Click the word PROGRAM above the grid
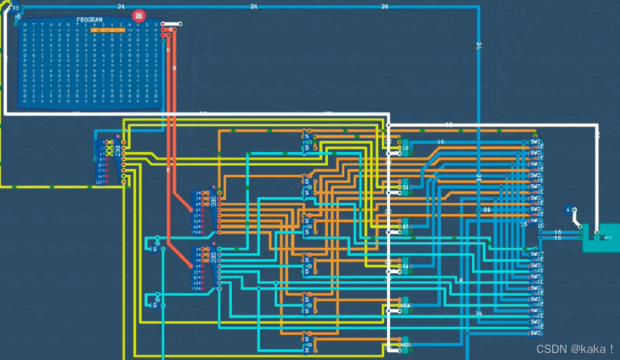point(89,20)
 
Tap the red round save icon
point(139,16)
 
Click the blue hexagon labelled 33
point(15,8)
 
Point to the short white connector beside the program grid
point(172,24)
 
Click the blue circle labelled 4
point(568,210)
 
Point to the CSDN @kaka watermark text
point(575,349)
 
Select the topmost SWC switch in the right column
point(534,143)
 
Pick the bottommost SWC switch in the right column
point(534,333)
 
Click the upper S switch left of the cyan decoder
point(155,249)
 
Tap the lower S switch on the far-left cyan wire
point(155,305)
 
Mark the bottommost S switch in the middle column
point(306,345)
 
